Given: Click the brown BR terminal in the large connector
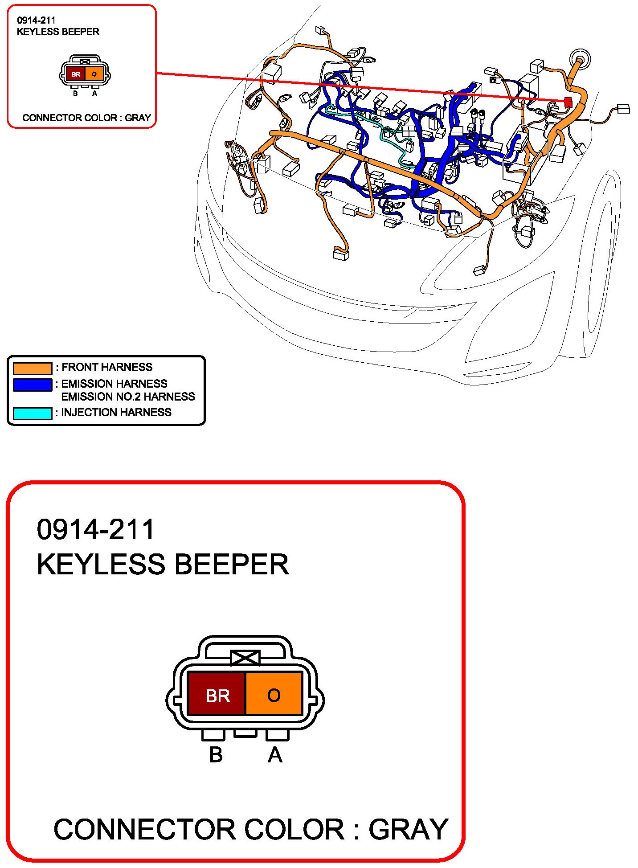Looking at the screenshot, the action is click(217, 693).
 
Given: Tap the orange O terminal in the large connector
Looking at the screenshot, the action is click(274, 693).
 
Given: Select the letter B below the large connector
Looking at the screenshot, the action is click(216, 755).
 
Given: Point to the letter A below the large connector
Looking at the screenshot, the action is click(275, 755).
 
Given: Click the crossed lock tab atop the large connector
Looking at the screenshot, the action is click(245, 658).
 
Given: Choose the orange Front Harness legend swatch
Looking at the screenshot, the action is click(33, 368).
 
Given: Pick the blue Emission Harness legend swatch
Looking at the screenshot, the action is click(33, 385).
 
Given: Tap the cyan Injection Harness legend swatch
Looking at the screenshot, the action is click(33, 413).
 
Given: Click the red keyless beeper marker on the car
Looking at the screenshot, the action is click(568, 102).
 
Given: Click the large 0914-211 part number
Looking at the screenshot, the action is click(95, 529).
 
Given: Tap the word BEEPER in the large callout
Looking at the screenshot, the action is click(232, 564).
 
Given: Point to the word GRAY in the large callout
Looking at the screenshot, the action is click(408, 829).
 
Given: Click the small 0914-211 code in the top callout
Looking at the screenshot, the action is click(36, 20).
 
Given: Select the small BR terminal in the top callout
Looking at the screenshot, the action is click(75, 74).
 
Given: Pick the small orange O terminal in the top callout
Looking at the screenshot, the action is click(94, 74).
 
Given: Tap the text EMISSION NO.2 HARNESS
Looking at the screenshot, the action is click(128, 397).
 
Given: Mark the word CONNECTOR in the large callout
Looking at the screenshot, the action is click(144, 829).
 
